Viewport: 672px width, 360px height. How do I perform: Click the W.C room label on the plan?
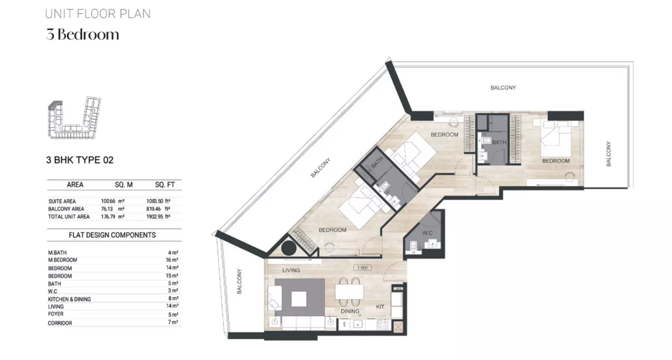pyautogui.click(x=427, y=233)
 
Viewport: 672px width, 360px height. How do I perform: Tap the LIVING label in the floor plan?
pyautogui.click(x=291, y=270)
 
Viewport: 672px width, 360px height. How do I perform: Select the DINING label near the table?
pyautogui.click(x=350, y=311)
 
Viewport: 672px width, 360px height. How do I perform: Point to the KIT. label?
pyautogui.click(x=381, y=307)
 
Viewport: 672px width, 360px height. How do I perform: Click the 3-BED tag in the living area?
pyautogui.click(x=362, y=267)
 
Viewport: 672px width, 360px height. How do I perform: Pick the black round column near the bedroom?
pyautogui.click(x=289, y=248)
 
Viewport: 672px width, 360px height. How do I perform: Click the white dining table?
pyautogui.click(x=349, y=292)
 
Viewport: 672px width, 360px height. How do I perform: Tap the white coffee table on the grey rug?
pyautogui.click(x=299, y=299)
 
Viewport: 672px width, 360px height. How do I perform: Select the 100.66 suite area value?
pyautogui.click(x=108, y=201)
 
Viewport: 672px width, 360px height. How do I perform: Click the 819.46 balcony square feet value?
pyautogui.click(x=154, y=209)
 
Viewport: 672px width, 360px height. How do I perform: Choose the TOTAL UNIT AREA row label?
pyautogui.click(x=68, y=217)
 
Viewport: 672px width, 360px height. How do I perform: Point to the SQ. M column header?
pyautogui.click(x=124, y=185)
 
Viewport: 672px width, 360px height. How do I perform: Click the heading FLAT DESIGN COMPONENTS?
pyautogui.click(x=112, y=235)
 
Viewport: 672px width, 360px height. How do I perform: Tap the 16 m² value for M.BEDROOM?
pyautogui.click(x=172, y=260)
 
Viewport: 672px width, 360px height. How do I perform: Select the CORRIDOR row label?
pyautogui.click(x=60, y=323)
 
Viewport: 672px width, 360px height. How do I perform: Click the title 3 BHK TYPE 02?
pyautogui.click(x=80, y=160)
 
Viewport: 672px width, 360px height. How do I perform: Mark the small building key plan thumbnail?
pyautogui.click(x=74, y=118)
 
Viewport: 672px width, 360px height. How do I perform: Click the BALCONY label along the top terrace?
pyautogui.click(x=503, y=88)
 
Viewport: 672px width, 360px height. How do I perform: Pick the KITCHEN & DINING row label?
pyautogui.click(x=69, y=299)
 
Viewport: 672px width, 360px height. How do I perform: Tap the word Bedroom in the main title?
pyautogui.click(x=88, y=35)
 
